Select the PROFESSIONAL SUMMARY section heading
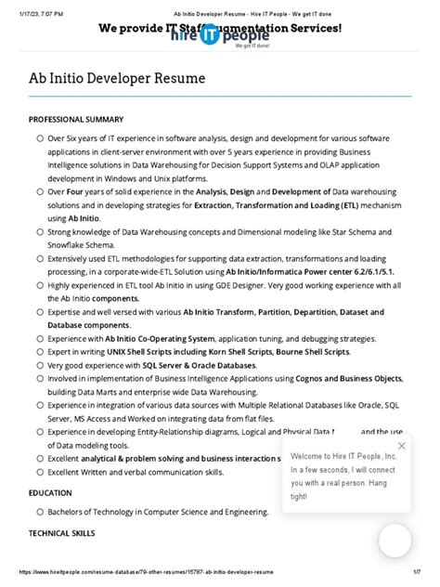pyautogui.click(x=76, y=120)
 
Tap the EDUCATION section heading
pyautogui.click(x=50, y=493)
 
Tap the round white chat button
pyautogui.click(x=395, y=541)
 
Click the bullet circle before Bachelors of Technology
pyautogui.click(x=40, y=512)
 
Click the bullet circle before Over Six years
pyautogui.click(x=40, y=138)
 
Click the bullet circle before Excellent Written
pyautogui.click(x=40, y=472)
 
